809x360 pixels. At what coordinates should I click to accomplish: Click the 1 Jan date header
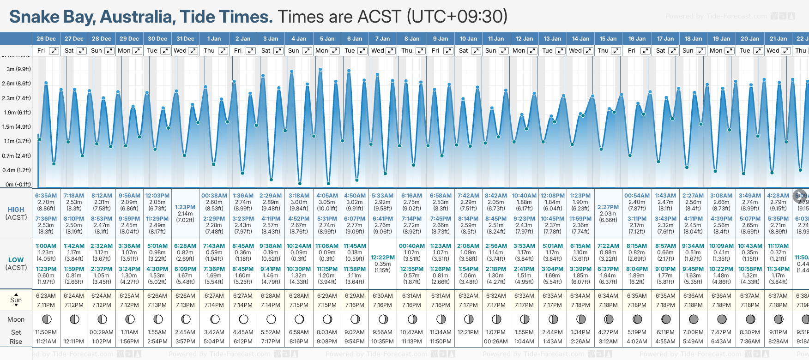pyautogui.click(x=214, y=39)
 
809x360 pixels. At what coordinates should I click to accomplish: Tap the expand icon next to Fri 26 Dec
pyautogui.click(x=54, y=51)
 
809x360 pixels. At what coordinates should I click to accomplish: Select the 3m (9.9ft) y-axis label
pyautogui.click(x=18, y=69)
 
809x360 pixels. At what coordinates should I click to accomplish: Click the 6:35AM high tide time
pyautogui.click(x=46, y=196)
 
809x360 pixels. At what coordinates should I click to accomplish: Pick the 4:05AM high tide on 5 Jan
pyautogui.click(x=327, y=196)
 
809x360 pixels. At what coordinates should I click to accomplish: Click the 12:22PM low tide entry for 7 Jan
pyautogui.click(x=383, y=258)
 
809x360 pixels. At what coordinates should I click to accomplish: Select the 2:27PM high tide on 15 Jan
pyautogui.click(x=608, y=207)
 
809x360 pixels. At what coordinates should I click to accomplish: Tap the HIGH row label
pyautogui.click(x=16, y=210)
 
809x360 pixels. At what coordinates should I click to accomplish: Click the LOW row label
pyautogui.click(x=16, y=260)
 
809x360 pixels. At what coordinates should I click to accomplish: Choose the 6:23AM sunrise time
pyautogui.click(x=46, y=296)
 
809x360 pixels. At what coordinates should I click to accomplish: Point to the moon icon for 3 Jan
pyautogui.click(x=271, y=319)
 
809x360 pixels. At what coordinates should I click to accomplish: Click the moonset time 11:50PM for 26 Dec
pyautogui.click(x=46, y=332)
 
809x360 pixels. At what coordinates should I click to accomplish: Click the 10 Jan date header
pyautogui.click(x=468, y=39)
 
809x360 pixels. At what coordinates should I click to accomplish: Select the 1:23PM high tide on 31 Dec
pyautogui.click(x=185, y=207)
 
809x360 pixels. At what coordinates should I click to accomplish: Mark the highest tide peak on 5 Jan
pyautogui.click(x=320, y=70)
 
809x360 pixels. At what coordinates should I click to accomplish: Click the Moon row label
pyautogui.click(x=16, y=319)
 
